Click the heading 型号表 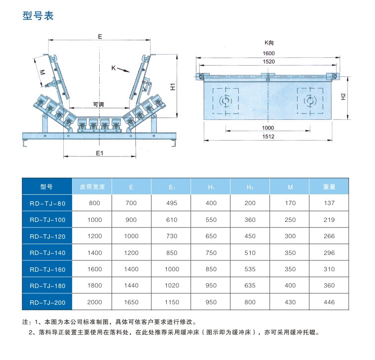point(38,16)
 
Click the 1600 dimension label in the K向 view point(268,53)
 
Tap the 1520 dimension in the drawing point(268,62)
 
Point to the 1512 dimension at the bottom point(268,137)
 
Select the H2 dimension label point(343,97)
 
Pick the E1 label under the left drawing point(99,153)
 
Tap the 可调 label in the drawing point(99,105)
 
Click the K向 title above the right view point(269,43)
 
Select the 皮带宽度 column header point(92,187)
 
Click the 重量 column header point(329,187)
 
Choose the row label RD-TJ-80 point(47,203)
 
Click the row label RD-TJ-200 point(47,302)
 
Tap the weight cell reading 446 point(329,302)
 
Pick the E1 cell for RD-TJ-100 point(171,219)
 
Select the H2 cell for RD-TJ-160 point(250,269)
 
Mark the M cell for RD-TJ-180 point(290,286)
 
